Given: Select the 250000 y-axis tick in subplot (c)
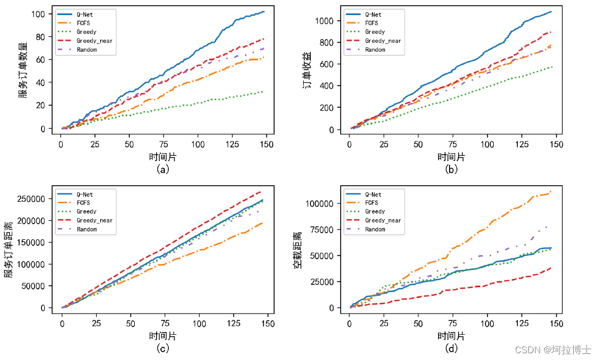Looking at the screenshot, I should pos(35,198).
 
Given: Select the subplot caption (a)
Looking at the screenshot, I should pos(163,169).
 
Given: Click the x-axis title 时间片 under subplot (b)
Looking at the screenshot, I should pos(451,157).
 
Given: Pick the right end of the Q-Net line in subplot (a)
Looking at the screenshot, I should pos(264,12).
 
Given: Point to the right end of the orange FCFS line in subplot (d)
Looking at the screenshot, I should pos(551,191).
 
